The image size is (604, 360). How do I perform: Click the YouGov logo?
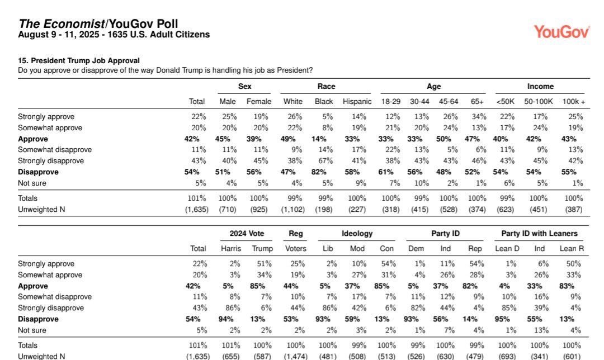pyautogui.click(x=561, y=31)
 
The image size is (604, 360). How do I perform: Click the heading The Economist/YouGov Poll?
pyautogui.click(x=98, y=23)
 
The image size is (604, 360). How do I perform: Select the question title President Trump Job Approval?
pyautogui.click(x=79, y=60)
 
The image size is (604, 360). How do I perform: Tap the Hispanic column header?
pyautogui.click(x=357, y=102)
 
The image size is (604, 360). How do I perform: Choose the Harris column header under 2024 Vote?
pyautogui.click(x=231, y=249)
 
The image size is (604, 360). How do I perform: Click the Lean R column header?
pyautogui.click(x=572, y=249)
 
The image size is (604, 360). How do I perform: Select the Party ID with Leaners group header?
pyautogui.click(x=540, y=234)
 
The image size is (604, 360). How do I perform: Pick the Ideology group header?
pyautogui.click(x=357, y=234)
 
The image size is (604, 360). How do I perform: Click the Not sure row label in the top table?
pyautogui.click(x=32, y=183)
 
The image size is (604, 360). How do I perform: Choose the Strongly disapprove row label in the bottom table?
pyautogui.click(x=51, y=308)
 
